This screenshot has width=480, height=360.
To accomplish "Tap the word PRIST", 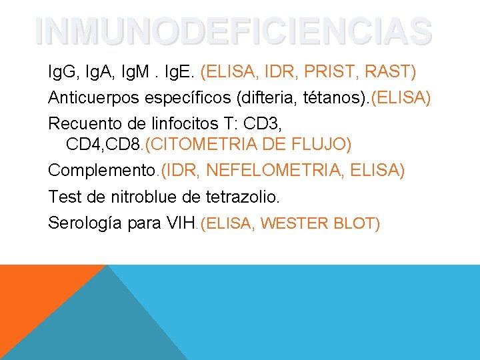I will (343, 70).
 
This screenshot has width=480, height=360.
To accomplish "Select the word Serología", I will (84, 223).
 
